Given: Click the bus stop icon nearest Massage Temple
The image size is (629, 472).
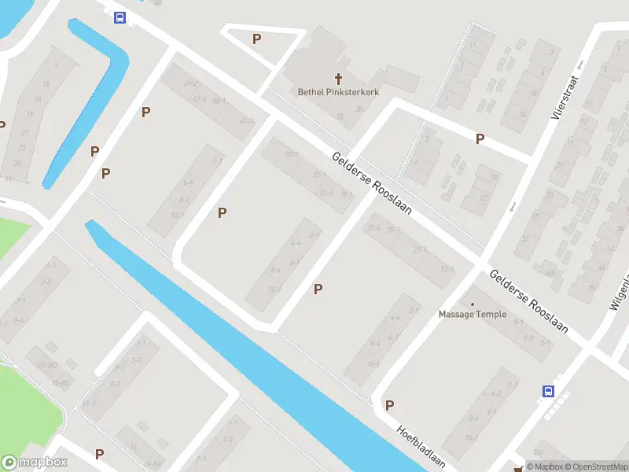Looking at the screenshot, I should coord(548,390).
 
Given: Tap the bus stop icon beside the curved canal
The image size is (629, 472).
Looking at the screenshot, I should coord(120,17).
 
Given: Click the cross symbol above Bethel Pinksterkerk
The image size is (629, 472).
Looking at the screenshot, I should coord(339,79).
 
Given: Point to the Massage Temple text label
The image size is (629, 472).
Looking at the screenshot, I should coord(473,314).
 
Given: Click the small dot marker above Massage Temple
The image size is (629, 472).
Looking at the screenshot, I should coord(473,304).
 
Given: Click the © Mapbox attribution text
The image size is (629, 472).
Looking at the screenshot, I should coord(543,466).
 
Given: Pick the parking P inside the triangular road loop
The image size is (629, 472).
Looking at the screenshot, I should coord(256,39).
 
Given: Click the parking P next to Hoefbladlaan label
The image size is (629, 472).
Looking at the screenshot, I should coord(388,405).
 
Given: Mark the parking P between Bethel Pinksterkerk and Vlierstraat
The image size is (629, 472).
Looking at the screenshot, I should coord(480,138).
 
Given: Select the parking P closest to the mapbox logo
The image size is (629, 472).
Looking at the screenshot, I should coord(99,454).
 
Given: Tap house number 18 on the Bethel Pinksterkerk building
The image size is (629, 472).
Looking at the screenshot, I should coord(340,116).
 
